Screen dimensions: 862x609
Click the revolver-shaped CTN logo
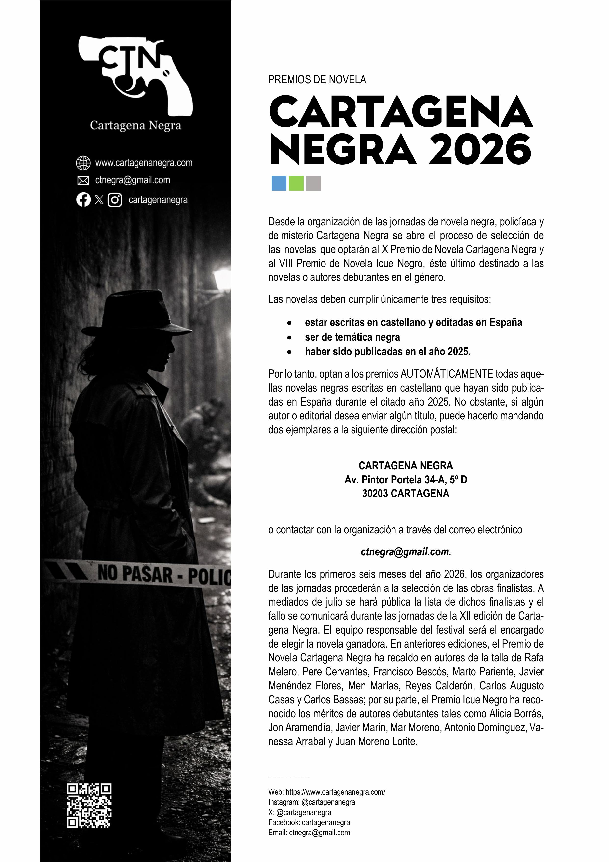135,75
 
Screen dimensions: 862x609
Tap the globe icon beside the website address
83,163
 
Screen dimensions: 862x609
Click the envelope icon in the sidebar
83,181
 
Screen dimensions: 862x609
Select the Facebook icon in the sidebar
83,200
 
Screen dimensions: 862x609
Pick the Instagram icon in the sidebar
115,200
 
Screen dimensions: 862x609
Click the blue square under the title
279,183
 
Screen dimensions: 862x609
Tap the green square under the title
296,183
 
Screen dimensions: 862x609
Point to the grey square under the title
313,183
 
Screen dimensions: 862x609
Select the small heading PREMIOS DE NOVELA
317,80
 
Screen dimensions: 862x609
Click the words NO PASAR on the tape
135,574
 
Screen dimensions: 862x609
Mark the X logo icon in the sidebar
99,200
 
